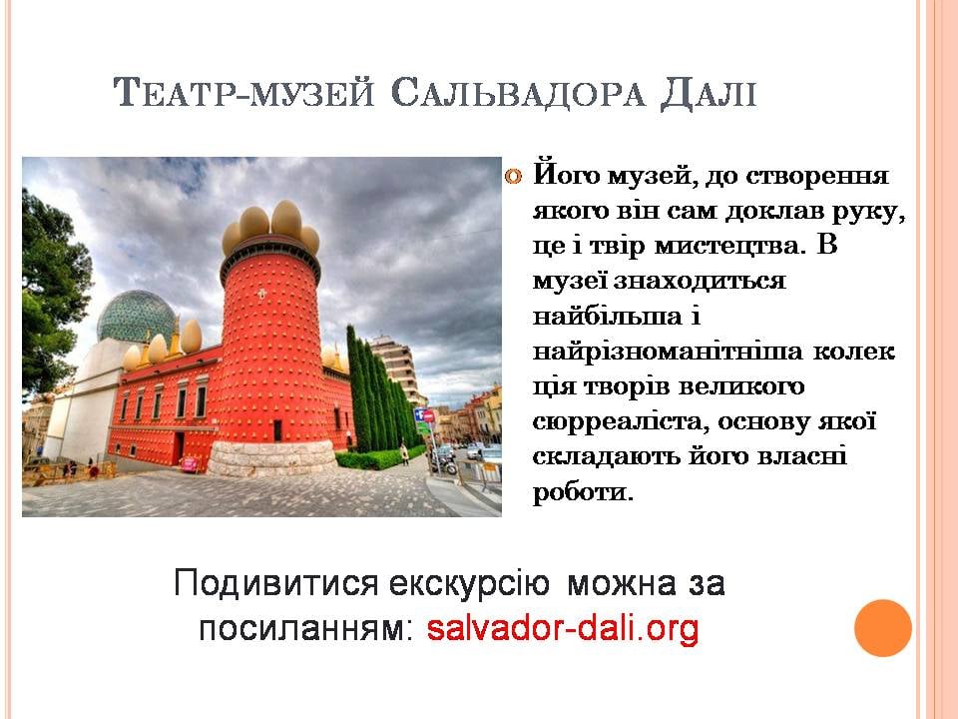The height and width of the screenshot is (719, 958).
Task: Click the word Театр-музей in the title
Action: click(243, 94)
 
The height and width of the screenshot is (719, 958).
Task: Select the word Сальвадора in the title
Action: click(518, 94)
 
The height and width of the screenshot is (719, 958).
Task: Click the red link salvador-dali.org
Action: click(563, 628)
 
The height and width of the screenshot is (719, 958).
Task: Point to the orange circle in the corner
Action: click(883, 628)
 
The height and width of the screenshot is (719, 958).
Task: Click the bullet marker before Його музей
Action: click(513, 178)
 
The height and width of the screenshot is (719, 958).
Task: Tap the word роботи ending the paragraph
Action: click(582, 492)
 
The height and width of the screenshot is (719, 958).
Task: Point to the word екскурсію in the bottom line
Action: click(469, 583)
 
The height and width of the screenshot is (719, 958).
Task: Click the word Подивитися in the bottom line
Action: click(276, 583)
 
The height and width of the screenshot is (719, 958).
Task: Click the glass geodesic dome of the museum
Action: click(136, 316)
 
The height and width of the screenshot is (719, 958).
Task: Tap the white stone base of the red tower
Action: click(271, 458)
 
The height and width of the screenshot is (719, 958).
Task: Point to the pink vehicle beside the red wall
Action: click(190, 464)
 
